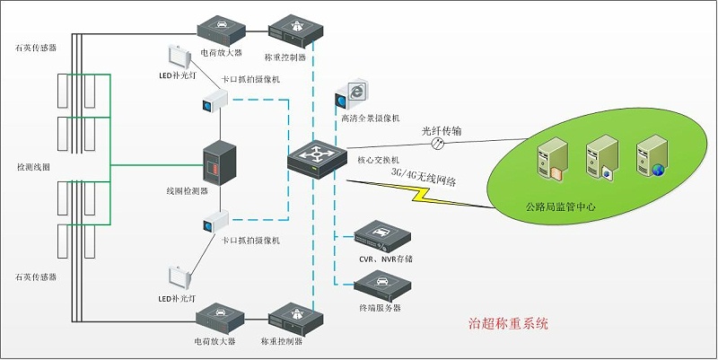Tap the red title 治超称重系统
point(508,321)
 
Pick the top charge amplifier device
point(219,30)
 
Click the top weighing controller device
point(295,30)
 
